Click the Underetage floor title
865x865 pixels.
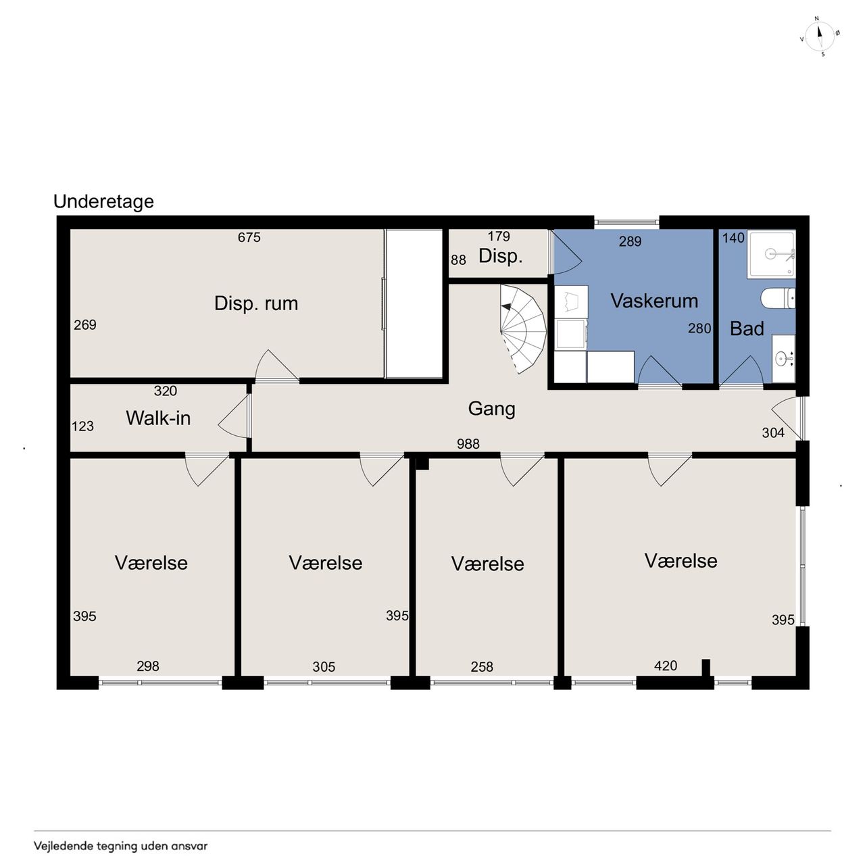103,202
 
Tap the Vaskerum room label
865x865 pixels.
654,301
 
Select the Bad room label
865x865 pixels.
747,328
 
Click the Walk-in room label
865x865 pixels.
158,418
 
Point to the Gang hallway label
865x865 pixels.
491,409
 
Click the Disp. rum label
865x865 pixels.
256,303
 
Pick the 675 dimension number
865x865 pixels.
249,237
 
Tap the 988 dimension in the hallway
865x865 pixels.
468,444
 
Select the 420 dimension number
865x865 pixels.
666,666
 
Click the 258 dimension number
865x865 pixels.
482,667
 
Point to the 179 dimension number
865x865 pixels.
499,236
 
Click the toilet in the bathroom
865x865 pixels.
778,298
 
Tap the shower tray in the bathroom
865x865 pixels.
771,254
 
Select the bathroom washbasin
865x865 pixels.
783,358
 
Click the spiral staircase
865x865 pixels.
524,329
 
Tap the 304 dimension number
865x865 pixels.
773,432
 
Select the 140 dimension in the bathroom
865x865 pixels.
733,238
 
